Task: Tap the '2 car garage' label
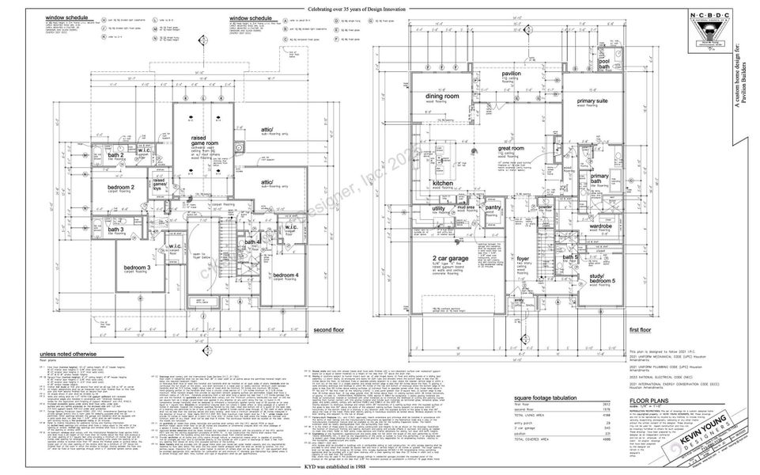pyautogui.click(x=449, y=260)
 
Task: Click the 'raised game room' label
pyautogui.click(x=204, y=139)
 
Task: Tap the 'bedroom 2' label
pyautogui.click(x=121, y=187)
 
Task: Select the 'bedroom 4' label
pyautogui.click(x=285, y=275)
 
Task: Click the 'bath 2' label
pyautogui.click(x=115, y=155)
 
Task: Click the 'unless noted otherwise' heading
pyautogui.click(x=69, y=354)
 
